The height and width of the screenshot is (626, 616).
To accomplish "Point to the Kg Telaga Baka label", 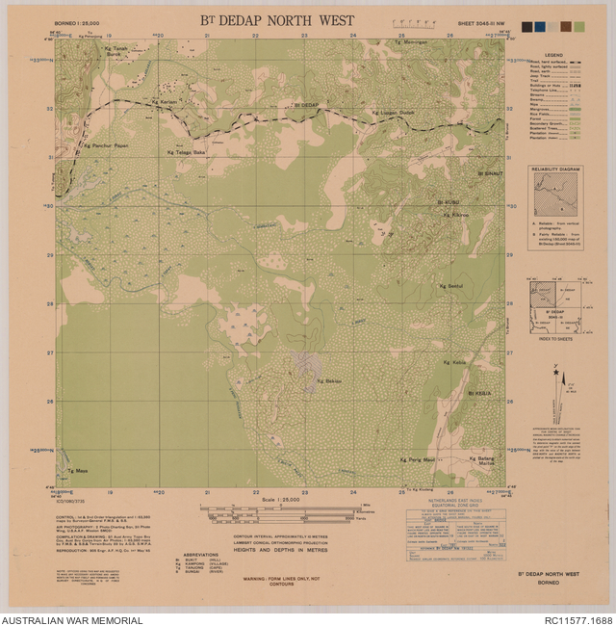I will (187, 152).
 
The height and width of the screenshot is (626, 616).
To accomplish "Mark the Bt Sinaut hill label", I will (490, 171).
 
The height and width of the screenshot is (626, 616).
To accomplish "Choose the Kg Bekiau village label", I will (329, 382).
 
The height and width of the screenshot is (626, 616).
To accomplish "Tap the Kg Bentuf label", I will (452, 286).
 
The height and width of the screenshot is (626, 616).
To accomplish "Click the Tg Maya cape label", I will (77, 471).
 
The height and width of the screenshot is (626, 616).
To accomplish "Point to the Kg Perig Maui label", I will (418, 460).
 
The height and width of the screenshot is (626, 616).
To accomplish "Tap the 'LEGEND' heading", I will (553, 55).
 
